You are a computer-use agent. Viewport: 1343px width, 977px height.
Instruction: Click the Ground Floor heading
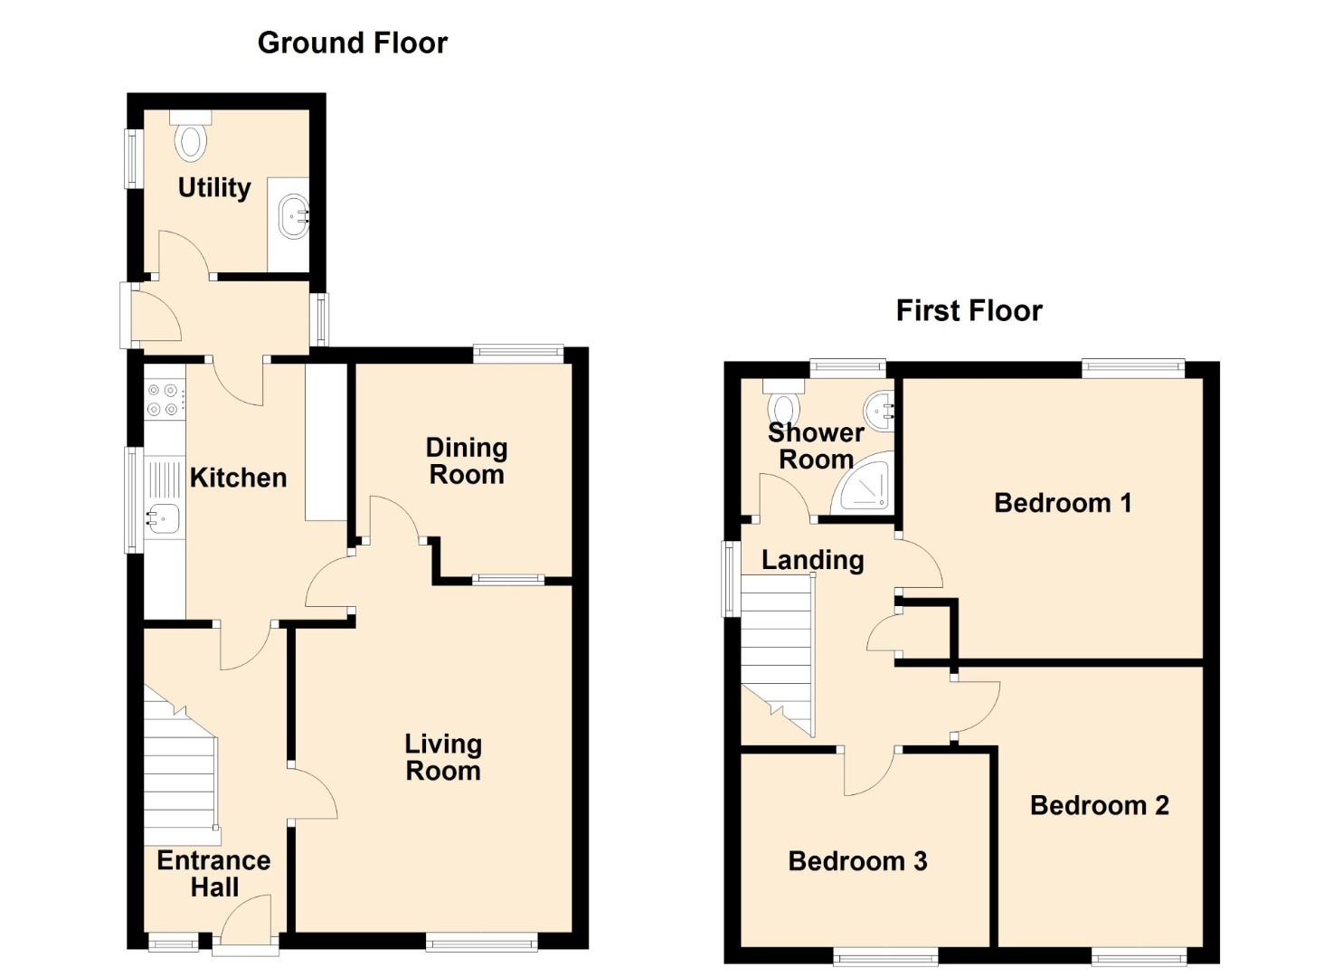[353, 43]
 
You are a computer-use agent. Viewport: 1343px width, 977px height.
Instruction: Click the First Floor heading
[969, 311]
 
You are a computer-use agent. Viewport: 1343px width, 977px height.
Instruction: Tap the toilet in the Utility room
[191, 136]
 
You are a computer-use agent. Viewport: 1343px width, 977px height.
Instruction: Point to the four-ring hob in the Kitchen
[164, 400]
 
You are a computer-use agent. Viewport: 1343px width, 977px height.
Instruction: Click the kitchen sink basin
[163, 518]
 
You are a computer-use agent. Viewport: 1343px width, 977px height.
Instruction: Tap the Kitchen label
[238, 478]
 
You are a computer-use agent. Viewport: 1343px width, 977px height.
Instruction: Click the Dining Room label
[467, 461]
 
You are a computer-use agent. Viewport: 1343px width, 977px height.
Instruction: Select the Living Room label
[443, 757]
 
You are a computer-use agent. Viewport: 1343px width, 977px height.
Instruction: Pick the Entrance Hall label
[214, 874]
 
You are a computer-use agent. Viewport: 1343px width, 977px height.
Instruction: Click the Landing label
[812, 561]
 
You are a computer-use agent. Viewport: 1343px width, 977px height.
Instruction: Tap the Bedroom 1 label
[1063, 503]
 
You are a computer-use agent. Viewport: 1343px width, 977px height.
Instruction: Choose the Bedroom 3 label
[857, 862]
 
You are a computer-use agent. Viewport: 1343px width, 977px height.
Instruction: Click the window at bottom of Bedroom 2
[1138, 956]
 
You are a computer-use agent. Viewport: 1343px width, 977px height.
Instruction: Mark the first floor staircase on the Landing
[778, 655]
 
